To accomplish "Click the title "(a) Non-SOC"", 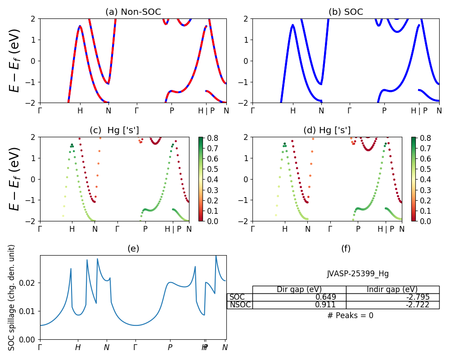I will (133, 12).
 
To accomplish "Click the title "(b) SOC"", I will (346, 12).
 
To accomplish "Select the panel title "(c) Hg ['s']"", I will (114, 130).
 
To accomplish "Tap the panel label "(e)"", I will (133, 249).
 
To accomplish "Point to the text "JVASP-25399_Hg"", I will (358, 274).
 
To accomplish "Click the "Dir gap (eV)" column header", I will (299, 289).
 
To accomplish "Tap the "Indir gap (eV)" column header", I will (392, 289).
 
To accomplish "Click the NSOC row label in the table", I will (240, 305).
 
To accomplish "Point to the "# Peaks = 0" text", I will (350, 315).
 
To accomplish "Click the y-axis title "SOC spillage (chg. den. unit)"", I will (12, 297).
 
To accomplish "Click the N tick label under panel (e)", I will (107, 347).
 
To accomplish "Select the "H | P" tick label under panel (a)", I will (206, 111).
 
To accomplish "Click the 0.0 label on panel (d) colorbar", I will (418, 221).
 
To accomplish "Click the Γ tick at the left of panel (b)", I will (252, 111).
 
